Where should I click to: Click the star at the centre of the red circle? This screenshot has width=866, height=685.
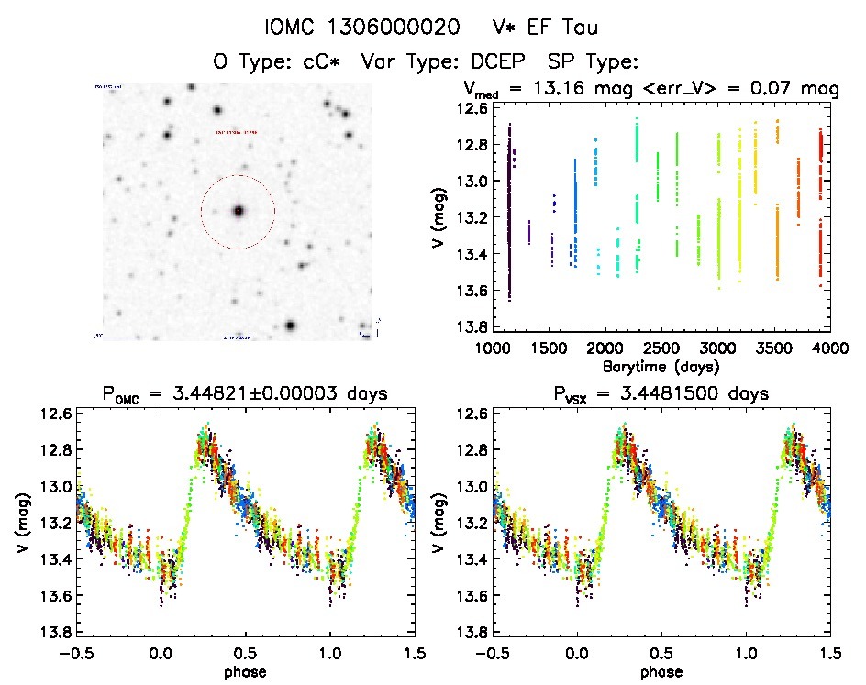pyautogui.click(x=239, y=211)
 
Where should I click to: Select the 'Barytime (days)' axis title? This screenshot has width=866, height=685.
pyautogui.click(x=660, y=366)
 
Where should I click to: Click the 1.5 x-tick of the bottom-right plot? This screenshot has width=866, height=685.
pyautogui.click(x=828, y=652)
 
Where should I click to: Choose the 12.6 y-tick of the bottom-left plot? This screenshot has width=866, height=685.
pyautogui.click(x=53, y=414)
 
